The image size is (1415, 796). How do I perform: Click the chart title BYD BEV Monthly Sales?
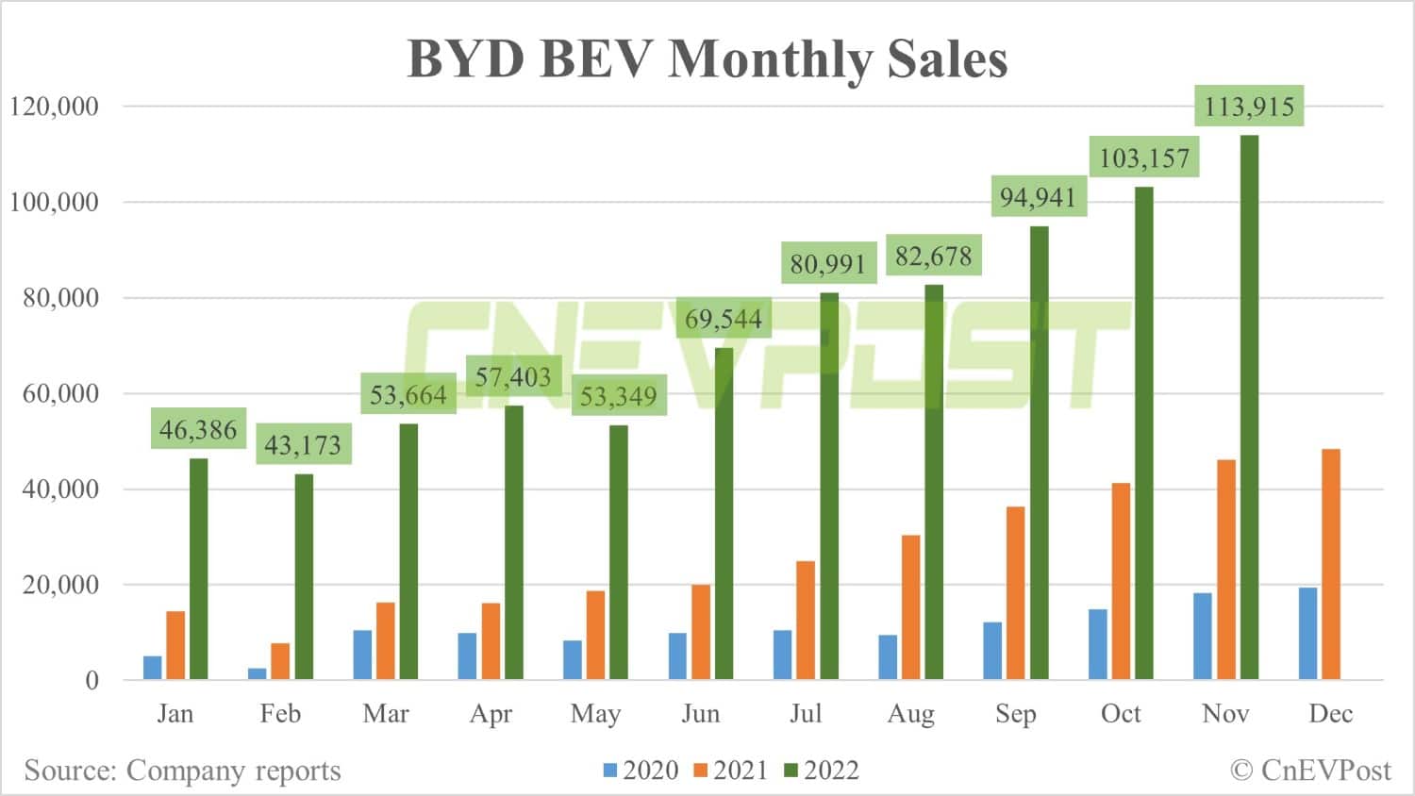pos(707,58)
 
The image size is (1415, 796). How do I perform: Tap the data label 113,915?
pos(1249,106)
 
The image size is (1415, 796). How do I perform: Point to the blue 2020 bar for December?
pos(1307,634)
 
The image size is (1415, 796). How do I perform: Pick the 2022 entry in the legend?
pos(823,771)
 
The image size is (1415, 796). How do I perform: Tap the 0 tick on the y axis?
pos(92,680)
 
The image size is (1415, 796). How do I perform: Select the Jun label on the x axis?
pos(701,714)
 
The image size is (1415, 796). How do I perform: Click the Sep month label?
pos(1016,714)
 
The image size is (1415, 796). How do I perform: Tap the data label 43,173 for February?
pos(303,445)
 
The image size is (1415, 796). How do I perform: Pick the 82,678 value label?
pos(933,256)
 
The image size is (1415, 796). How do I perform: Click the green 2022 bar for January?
pos(199,569)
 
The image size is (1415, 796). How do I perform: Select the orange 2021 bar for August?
pos(911,607)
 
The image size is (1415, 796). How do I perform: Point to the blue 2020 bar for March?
pos(362,655)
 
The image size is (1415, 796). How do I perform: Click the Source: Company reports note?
pos(182,771)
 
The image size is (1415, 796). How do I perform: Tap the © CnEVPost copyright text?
pos(1310,771)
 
